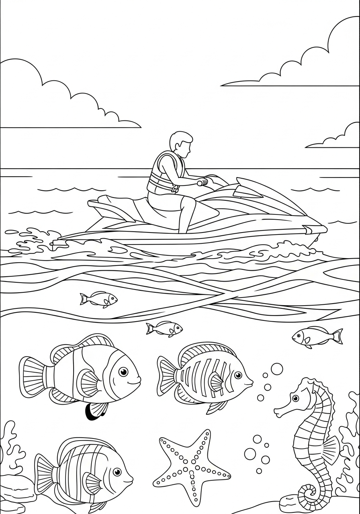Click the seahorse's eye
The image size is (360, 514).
click(295, 398)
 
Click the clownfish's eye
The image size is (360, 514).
click(124, 371)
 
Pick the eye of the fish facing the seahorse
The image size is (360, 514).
click(238, 375)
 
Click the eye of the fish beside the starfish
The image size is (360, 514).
click(117, 471)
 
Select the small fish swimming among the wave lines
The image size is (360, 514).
click(98, 299)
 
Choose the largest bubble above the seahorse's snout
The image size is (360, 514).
click(276, 369)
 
